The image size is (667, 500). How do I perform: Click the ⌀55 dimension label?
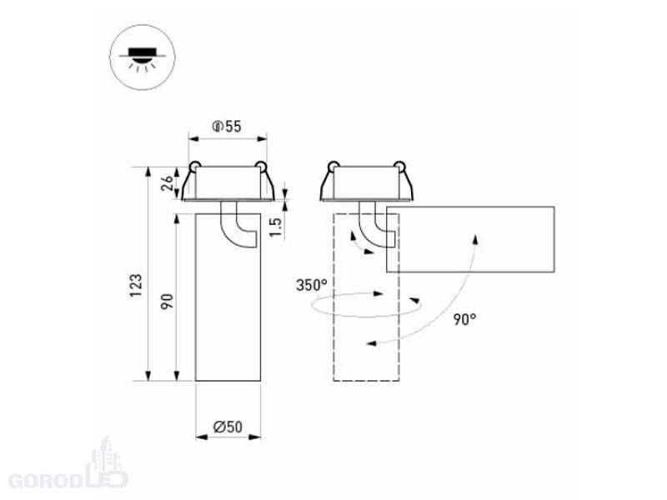pyautogui.click(x=226, y=127)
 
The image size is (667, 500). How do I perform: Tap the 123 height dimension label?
pyautogui.click(x=136, y=286)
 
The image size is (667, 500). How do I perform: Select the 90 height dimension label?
pyautogui.click(x=168, y=302)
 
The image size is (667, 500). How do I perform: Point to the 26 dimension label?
pyautogui.click(x=168, y=182)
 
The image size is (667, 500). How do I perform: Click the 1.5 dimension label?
pyautogui.click(x=276, y=227)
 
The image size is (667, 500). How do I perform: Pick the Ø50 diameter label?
pyautogui.click(x=228, y=427)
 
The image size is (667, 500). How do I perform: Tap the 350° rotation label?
pyautogui.click(x=312, y=285)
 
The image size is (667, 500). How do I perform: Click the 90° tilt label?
pyautogui.click(x=464, y=319)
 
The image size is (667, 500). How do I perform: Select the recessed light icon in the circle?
pyautogui.click(x=143, y=57)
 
